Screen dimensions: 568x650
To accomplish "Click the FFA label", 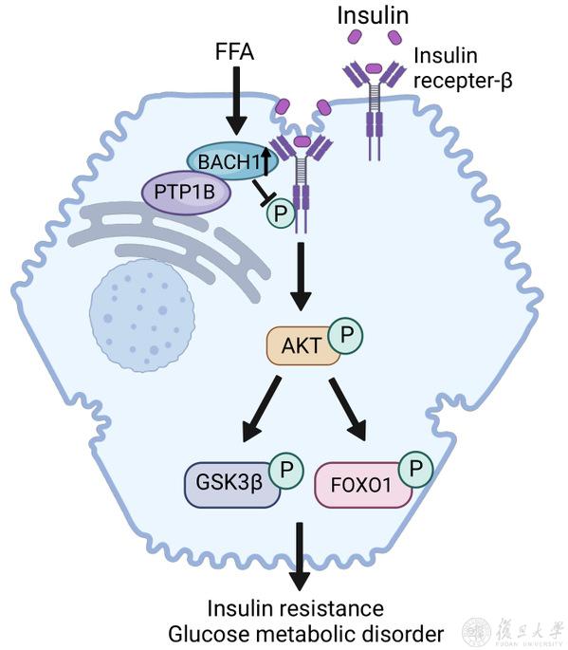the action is (x=234, y=52).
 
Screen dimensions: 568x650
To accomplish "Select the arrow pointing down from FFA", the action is (x=236, y=101).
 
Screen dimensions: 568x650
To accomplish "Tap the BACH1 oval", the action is (x=232, y=161).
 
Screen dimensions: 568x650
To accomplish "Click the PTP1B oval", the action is (x=186, y=193).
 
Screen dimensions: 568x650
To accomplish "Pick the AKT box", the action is (x=302, y=345).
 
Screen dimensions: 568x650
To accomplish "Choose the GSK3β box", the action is (x=231, y=484).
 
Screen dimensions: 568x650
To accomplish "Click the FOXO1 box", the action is (x=363, y=485).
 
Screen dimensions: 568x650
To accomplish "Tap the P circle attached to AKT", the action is (x=346, y=335).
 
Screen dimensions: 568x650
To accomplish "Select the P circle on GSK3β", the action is (x=286, y=470).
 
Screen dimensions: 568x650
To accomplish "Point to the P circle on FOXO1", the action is (x=415, y=470).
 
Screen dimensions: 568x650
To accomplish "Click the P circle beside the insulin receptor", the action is (x=281, y=214).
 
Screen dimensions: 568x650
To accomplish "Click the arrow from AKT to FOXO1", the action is (x=347, y=408).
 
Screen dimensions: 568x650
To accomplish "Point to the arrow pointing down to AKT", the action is (x=301, y=276).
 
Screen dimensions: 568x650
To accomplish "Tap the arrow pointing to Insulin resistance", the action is (x=299, y=556).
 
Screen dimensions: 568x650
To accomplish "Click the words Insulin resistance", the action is (x=296, y=608).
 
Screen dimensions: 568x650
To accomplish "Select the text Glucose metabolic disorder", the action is (x=305, y=634).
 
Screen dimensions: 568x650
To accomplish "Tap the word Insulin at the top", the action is (x=373, y=16).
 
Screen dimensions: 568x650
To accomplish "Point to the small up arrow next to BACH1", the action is (x=266, y=161).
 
